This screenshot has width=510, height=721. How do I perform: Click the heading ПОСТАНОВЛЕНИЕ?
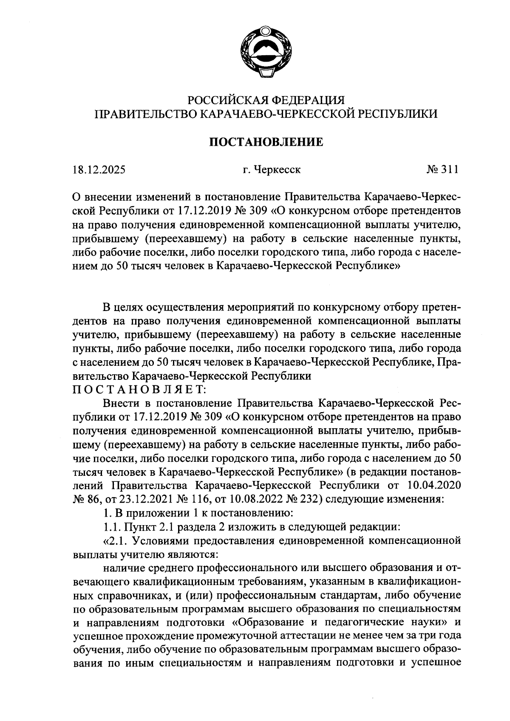pyautogui.click(x=266, y=142)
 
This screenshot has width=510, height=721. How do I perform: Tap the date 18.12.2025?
pyautogui.click(x=98, y=170)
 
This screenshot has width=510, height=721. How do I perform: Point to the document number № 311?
pyautogui.click(x=442, y=170)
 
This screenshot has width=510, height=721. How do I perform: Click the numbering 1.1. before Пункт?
pyautogui.click(x=112, y=527)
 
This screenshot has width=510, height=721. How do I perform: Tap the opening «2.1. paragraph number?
pyautogui.click(x=116, y=541)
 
